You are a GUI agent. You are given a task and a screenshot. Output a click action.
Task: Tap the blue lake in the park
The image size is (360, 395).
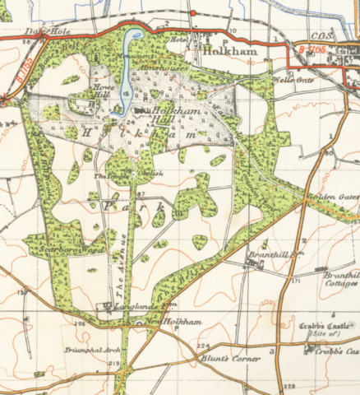pyautogui.click(x=125, y=70)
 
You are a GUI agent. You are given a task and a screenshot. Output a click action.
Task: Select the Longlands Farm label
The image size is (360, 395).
pyautogui.click(x=132, y=304)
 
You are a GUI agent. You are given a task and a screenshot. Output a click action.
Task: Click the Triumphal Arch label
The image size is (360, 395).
pyautogui.click(x=86, y=349)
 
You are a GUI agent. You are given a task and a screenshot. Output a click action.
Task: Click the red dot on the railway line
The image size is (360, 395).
pyautogui.click(x=192, y=13)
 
